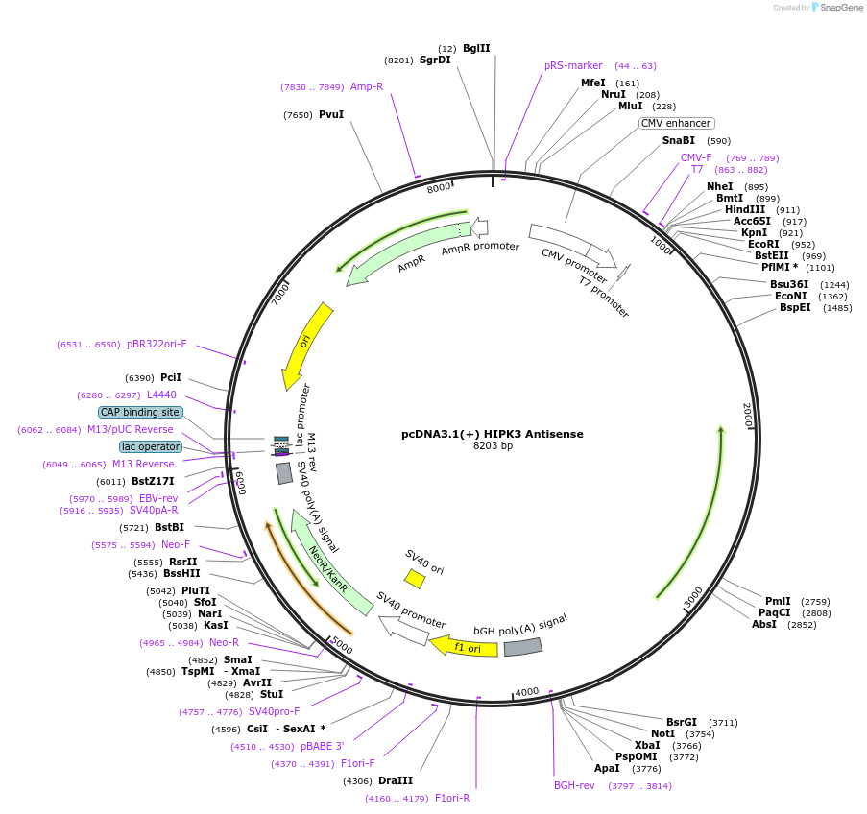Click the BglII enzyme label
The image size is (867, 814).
pos(476,48)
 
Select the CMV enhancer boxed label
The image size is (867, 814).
pos(677,123)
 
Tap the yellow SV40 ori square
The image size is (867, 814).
pos(415,579)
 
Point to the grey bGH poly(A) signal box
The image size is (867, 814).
pos(523,648)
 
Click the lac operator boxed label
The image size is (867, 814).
pos(151,446)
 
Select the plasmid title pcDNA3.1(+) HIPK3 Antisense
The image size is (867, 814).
pos(492,434)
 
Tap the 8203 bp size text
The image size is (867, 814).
pos(493,445)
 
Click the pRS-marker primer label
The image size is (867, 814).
pos(573,66)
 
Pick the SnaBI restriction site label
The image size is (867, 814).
pos(678,141)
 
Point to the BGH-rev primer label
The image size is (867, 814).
pos(574,785)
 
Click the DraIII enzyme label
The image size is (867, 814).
pos(396,780)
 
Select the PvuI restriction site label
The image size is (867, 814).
pos(331,115)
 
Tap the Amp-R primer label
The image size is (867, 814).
pos(367,86)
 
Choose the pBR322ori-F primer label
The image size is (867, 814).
pos(157,344)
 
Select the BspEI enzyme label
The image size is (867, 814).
pos(795,308)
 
